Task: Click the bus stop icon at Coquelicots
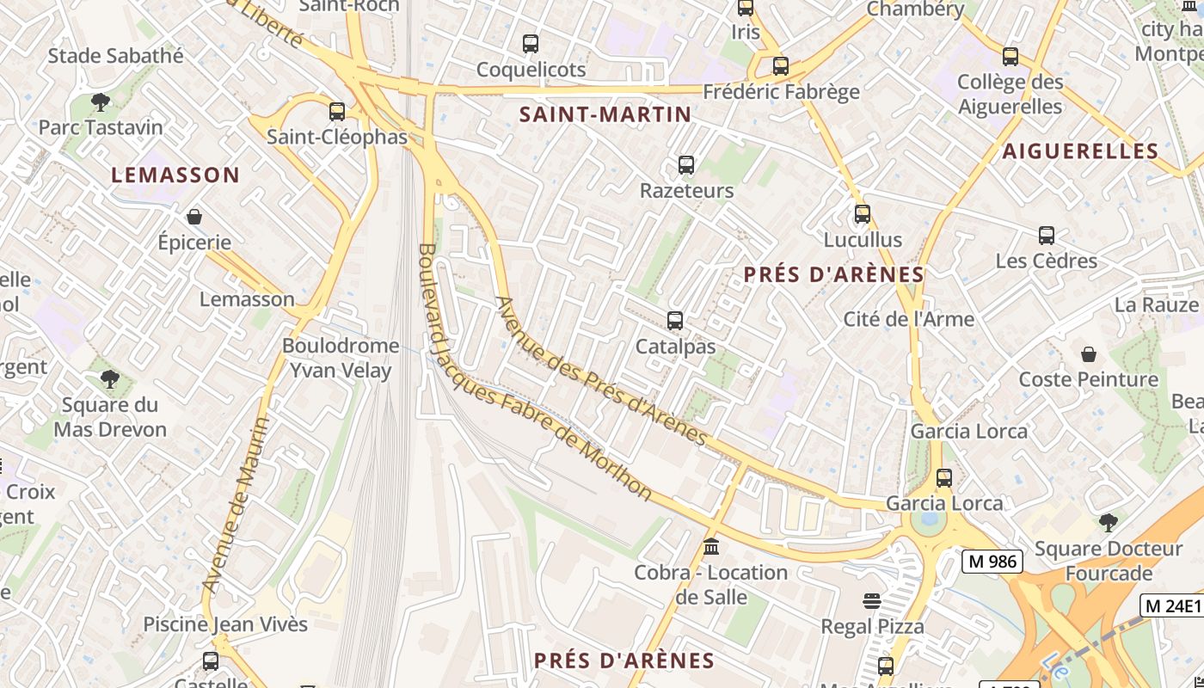click(531, 43)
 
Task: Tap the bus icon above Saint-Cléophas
click(337, 111)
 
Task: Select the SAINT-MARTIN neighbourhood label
click(605, 114)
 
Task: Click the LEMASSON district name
click(175, 175)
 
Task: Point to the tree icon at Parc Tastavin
click(101, 102)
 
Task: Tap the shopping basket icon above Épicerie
click(194, 217)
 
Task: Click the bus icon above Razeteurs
click(686, 164)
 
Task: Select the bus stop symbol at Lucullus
click(863, 213)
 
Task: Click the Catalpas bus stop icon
click(675, 321)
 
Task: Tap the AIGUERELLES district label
click(1080, 152)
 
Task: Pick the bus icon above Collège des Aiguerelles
click(1010, 57)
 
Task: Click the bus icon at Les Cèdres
click(1047, 235)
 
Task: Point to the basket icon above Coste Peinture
click(1089, 353)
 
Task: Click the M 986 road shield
click(992, 562)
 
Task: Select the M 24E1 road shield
click(1171, 605)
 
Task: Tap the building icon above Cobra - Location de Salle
click(711, 546)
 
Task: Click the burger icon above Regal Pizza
click(872, 600)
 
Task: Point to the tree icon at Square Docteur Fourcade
click(1109, 522)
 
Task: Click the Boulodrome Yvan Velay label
click(341, 358)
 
